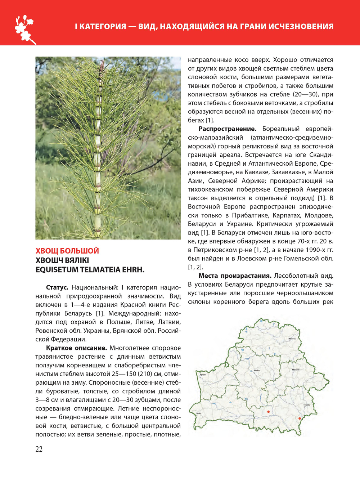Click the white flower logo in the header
coord(25,28)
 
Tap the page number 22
coord(39,449)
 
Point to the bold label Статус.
coord(57,287)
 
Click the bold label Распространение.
coord(228,129)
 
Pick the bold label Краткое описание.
coord(76,348)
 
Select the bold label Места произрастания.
coord(235,276)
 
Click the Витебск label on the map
coord(292,339)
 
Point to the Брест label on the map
coord(199,413)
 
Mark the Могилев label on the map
coord(296,370)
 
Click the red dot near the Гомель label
coord(300,418)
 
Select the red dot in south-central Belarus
coord(268,411)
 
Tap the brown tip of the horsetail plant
coord(103,65)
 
